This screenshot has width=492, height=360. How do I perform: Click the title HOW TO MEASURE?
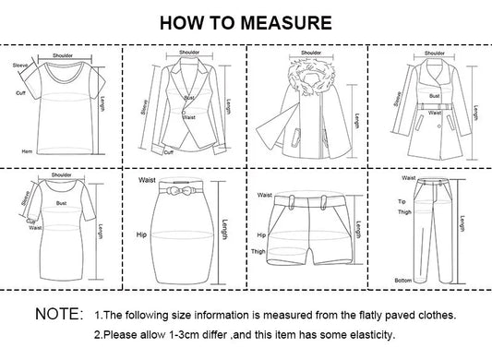(x=246, y=20)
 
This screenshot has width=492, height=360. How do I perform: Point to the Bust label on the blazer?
(x=188, y=97)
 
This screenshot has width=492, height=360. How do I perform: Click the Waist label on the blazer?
(x=190, y=116)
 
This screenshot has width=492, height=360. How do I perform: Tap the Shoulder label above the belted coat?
(x=434, y=54)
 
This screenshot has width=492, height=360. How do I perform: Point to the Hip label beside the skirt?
(x=142, y=235)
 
